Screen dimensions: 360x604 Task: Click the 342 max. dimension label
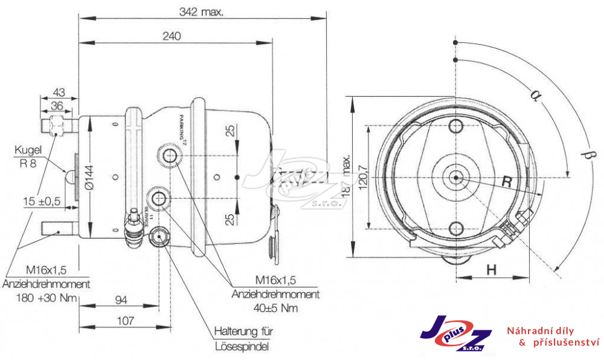(x=201, y=11)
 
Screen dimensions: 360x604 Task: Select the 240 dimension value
(x=172, y=36)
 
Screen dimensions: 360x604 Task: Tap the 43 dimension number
(x=59, y=92)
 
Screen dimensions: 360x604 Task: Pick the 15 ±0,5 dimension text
(x=43, y=201)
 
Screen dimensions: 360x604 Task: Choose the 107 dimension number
(x=124, y=321)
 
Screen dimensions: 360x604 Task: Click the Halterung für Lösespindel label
(x=243, y=339)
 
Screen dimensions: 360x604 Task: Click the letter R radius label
(x=509, y=181)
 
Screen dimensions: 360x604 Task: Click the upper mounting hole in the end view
(x=456, y=126)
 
